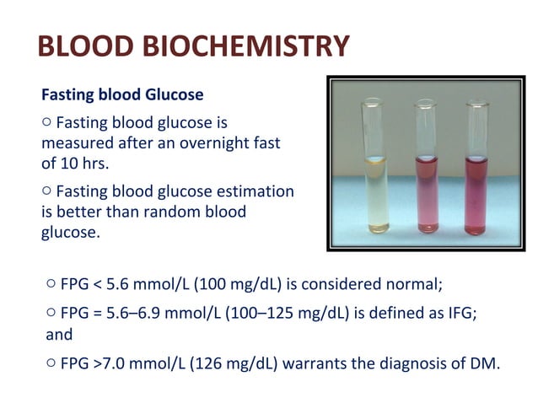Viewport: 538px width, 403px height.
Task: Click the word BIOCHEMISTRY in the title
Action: (252, 47)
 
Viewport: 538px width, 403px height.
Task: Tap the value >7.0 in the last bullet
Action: (110, 364)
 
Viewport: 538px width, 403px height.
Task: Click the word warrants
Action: (312, 364)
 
